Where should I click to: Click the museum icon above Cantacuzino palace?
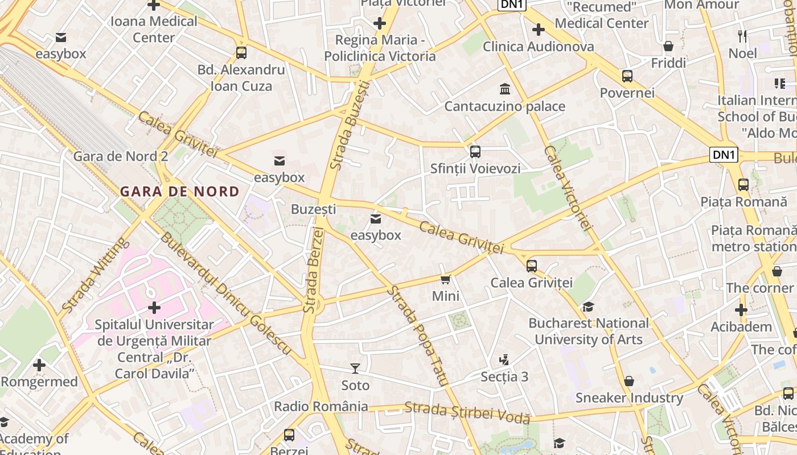click(x=504, y=89)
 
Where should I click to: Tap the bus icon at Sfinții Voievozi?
click(x=475, y=152)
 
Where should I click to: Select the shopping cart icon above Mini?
click(x=446, y=279)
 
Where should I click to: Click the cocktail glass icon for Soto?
click(x=355, y=369)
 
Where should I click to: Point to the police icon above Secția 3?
click(x=504, y=359)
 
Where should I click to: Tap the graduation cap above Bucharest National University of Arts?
click(x=588, y=307)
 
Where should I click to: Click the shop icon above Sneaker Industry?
click(x=629, y=380)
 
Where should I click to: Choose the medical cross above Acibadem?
click(x=741, y=310)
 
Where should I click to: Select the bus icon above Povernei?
click(x=627, y=76)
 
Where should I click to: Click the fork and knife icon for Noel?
click(x=742, y=36)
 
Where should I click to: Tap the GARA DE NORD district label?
click(x=180, y=192)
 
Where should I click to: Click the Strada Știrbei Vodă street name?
click(x=467, y=413)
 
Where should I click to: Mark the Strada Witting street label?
click(x=94, y=275)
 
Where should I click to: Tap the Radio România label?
click(x=321, y=407)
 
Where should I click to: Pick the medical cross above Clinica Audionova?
click(x=538, y=30)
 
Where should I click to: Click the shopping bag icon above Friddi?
click(x=668, y=46)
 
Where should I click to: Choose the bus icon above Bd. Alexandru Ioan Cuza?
click(x=241, y=53)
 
